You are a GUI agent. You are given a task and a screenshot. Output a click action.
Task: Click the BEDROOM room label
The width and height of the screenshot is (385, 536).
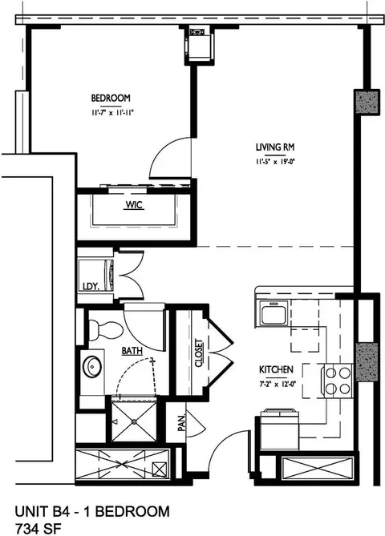coord(111,98)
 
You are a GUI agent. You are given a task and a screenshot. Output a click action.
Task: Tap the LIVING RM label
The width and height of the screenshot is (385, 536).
coord(275,147)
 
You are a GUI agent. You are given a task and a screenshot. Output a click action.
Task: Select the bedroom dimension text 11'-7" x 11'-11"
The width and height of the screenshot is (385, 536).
coord(111,112)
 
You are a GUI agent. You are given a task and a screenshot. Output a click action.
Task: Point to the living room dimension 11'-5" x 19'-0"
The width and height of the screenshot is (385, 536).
coord(275,162)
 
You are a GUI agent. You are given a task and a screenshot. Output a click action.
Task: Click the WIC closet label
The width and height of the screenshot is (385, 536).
coord(134,205)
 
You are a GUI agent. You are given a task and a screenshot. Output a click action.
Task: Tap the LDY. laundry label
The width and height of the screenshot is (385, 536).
coord(91,287)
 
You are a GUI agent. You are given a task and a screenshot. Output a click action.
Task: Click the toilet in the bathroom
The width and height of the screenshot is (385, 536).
coord(105,330)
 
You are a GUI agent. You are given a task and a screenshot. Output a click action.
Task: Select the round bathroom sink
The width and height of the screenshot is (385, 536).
coord(92,366)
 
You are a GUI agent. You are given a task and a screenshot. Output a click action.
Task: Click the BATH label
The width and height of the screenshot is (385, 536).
coord(132,351)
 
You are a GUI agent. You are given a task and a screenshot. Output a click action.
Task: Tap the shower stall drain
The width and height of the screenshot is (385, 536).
coord(135,421)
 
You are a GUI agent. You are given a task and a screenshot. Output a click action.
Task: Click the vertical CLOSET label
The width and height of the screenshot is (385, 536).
coord(198,353)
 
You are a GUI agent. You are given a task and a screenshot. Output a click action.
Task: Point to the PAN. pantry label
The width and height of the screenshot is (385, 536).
coord(181,422)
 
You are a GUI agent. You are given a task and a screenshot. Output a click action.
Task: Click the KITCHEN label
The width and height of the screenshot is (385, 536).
coord(276,369)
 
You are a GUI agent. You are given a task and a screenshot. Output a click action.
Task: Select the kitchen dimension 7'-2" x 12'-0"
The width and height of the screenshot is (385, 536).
coord(278,384)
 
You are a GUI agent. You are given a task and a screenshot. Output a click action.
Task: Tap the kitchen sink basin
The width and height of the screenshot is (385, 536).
coord(274,312)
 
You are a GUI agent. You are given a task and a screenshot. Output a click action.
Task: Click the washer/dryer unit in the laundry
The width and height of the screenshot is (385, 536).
coord(96,276)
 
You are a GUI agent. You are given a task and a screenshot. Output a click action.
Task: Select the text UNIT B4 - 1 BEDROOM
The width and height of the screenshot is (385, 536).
coord(92,511)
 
